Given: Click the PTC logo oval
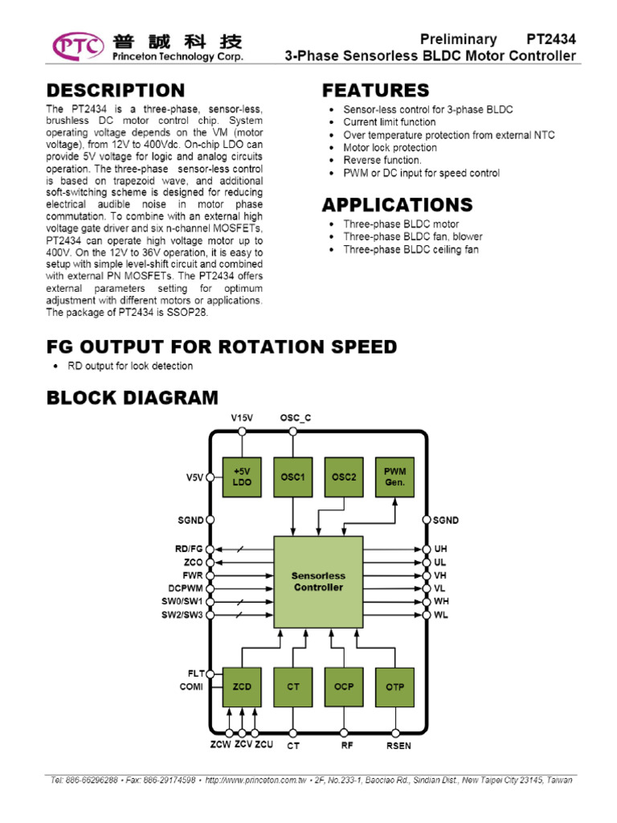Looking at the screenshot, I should pos(78,47).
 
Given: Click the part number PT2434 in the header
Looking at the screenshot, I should pos(551,39).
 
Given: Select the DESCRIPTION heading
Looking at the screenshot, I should pos(115,90).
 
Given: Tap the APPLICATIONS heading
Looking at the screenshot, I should pos(397,205).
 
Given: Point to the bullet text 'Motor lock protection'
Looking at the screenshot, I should pos(390,148).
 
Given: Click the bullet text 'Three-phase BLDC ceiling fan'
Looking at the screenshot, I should pos(411,250).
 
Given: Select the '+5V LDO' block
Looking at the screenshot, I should pos(242,477).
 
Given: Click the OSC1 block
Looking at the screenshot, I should pos(293,477).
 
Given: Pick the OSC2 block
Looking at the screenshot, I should pos(344,477).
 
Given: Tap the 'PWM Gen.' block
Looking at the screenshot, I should pos(394,477).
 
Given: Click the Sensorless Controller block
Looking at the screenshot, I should pos(318,582).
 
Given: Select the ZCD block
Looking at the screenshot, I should pos(242,686).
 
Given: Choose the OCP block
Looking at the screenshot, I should pos(344,686).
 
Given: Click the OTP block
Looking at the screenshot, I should pos(394,686).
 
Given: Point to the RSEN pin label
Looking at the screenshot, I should pos(398,746).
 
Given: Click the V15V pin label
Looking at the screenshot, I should pos(242,418).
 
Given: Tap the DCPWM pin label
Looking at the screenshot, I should pos(186,588).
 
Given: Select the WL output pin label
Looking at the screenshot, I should pos(441,615).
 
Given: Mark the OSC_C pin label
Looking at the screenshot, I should pos(295,418).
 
